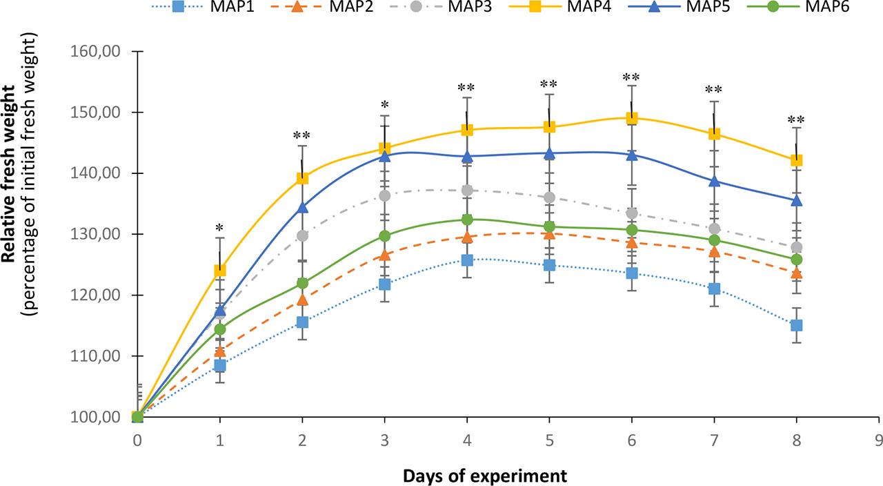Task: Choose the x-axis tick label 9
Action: tap(879, 440)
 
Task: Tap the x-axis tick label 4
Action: tap(467, 440)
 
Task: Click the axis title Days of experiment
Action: tap(485, 476)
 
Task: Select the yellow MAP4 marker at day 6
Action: tap(632, 118)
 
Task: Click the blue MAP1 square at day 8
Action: tap(797, 325)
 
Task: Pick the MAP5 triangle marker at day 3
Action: tap(384, 156)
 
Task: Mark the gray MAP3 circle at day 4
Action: tap(467, 190)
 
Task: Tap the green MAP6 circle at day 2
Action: tap(302, 283)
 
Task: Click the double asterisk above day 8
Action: tap(796, 119)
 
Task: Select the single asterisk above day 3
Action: tap(384, 104)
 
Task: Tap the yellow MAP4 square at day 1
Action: tap(220, 271)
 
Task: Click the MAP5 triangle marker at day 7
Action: tap(714, 181)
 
